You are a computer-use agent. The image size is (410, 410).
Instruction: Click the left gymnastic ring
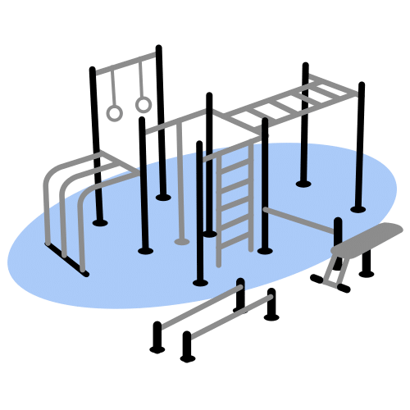point(114,112)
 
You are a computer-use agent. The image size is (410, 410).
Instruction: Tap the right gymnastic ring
point(143,104)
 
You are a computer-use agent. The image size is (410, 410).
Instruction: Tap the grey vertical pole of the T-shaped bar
point(180,189)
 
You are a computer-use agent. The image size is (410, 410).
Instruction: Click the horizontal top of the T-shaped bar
point(176,123)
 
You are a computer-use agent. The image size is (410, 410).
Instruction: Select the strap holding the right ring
point(141,82)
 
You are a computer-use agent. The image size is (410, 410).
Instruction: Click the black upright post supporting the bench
point(367,262)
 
